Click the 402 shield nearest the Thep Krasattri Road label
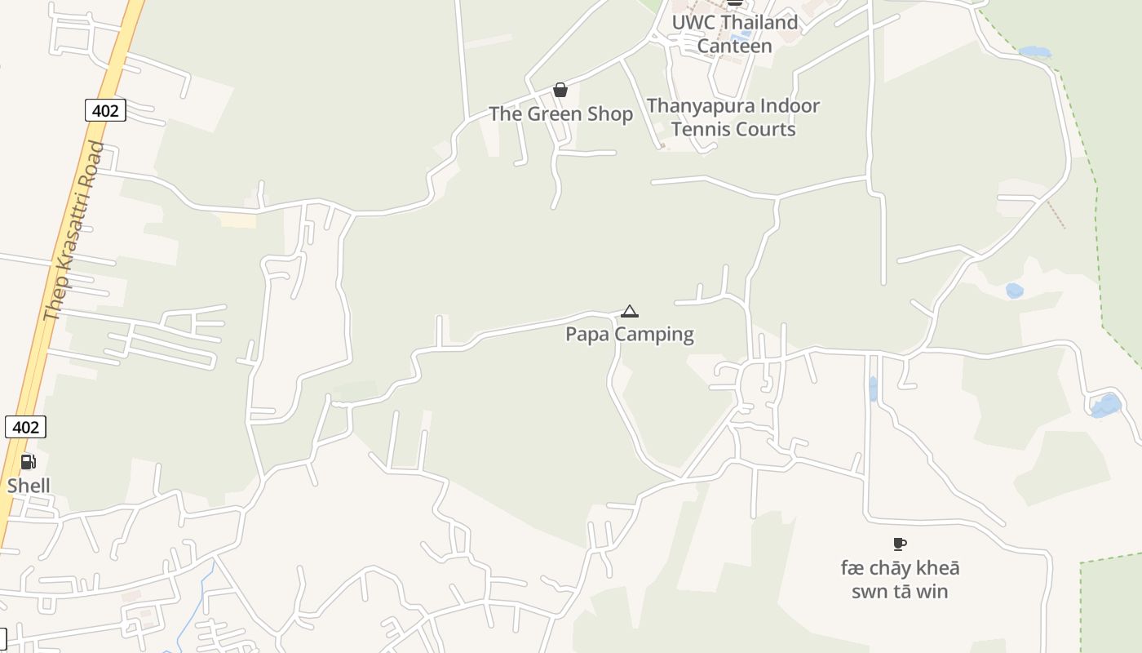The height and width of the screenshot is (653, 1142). point(105,110)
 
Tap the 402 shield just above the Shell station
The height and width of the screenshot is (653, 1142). point(25,427)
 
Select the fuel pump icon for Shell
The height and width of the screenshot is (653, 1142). point(28,463)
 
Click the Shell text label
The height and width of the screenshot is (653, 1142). point(29,486)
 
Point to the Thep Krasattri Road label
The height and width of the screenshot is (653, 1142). point(74,231)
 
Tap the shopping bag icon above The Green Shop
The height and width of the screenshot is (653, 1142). point(560,90)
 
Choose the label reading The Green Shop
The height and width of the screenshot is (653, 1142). point(560,114)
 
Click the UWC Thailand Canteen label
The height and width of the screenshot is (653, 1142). point(734,34)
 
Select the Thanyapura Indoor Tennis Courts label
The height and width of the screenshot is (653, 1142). point(733,118)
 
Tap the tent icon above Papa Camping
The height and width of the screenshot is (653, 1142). point(629,311)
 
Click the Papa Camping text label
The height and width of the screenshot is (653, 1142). point(630,334)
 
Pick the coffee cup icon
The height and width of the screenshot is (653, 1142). point(900,544)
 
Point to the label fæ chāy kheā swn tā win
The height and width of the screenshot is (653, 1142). point(900,580)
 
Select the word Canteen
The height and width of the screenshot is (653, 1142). point(734,47)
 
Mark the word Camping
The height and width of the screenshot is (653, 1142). point(655,334)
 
